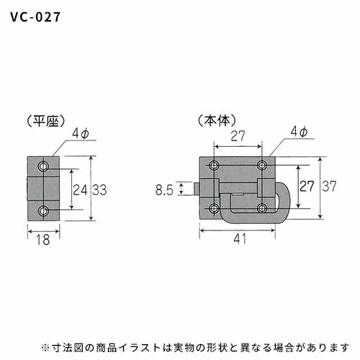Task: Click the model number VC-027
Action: click(35, 17)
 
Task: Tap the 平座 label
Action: click(46, 121)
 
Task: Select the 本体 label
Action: click(217, 120)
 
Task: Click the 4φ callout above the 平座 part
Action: click(81, 133)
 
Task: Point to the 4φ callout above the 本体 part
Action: click(299, 132)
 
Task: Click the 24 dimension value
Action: click(80, 190)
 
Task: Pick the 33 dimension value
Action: click(99, 190)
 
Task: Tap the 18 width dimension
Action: click(43, 240)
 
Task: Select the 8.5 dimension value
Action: click(164, 190)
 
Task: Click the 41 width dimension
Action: click(240, 238)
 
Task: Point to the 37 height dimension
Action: click(329, 186)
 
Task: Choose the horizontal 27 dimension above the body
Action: click(238, 136)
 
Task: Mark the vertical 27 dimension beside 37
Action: click(307, 186)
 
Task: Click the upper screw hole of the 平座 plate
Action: click(43, 166)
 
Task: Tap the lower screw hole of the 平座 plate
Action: click(43, 211)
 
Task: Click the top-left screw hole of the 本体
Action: click(214, 165)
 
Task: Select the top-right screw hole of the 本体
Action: click(262, 165)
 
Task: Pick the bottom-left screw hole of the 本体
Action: click(214, 208)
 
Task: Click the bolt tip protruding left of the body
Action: click(197, 189)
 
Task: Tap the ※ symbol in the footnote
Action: click(45, 348)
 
